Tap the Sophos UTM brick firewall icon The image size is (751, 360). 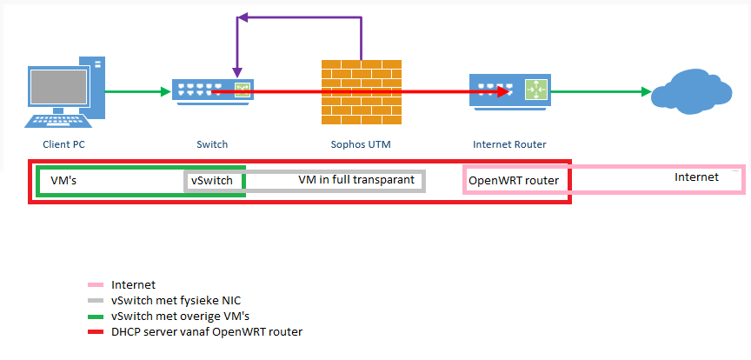[x=361, y=90]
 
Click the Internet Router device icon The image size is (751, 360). [x=508, y=90]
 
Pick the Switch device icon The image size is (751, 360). [x=212, y=90]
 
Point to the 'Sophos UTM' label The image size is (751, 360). [x=361, y=144]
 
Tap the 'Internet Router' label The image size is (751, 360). [x=509, y=144]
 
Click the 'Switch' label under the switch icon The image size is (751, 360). [x=212, y=144]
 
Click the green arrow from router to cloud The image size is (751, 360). [x=600, y=90]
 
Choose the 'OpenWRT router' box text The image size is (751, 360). [x=513, y=181]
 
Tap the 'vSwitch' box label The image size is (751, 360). [x=212, y=181]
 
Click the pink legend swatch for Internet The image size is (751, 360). [x=95, y=285]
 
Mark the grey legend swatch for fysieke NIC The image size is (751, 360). [x=95, y=300]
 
